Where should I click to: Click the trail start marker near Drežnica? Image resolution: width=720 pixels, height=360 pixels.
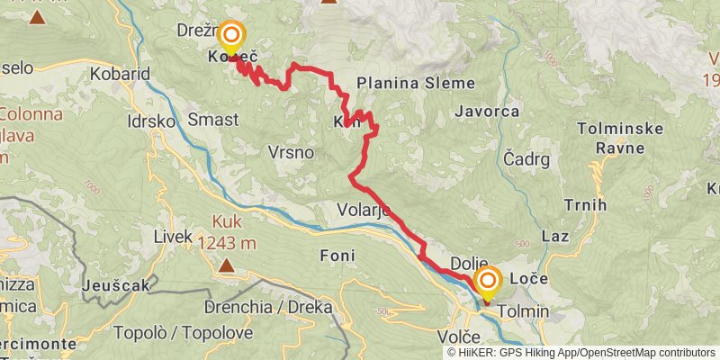pyautogui.click(x=231, y=36)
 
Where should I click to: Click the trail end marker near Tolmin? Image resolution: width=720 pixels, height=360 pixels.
pyautogui.click(x=488, y=280)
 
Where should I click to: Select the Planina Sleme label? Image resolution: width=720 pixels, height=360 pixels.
pyautogui.click(x=416, y=84)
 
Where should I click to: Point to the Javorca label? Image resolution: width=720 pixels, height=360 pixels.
pyautogui.click(x=489, y=112)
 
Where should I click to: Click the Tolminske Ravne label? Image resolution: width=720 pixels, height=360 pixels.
pyautogui.click(x=621, y=138)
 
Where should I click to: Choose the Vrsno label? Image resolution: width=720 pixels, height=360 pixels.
pyautogui.click(x=291, y=153)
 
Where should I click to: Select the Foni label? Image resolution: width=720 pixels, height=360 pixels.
pyautogui.click(x=337, y=256)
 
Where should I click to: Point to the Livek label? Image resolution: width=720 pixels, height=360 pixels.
pyautogui.click(x=173, y=237)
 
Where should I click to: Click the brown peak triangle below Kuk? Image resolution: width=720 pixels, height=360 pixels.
pyautogui.click(x=225, y=265)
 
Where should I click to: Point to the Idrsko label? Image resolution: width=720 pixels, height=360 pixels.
pyautogui.click(x=150, y=119)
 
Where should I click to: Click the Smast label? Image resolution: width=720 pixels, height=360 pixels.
pyautogui.click(x=212, y=119)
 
